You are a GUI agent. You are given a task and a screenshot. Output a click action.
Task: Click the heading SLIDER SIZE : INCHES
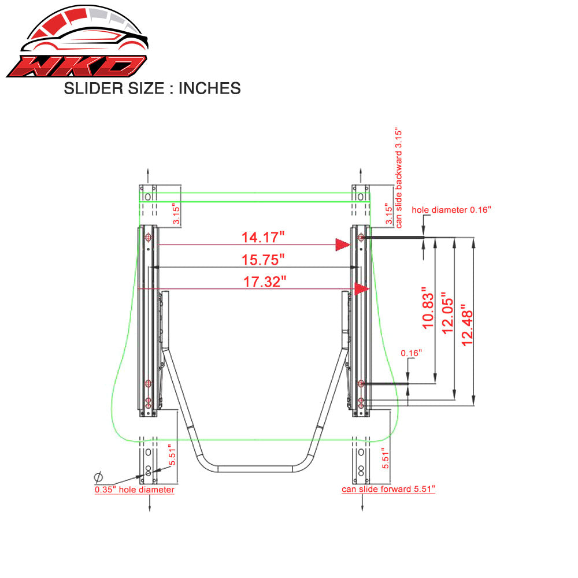151,88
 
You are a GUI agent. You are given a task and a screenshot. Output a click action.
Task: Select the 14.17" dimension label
263,237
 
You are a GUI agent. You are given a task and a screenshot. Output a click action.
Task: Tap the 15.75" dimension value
264,260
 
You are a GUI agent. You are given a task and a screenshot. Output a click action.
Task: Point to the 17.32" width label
264,282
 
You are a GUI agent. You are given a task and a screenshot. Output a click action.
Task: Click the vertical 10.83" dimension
428,308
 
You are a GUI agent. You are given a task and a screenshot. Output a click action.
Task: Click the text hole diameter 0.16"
451,209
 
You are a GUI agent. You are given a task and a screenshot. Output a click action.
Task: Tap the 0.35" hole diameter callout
134,490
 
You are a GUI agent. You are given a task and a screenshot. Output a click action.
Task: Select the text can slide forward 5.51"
388,490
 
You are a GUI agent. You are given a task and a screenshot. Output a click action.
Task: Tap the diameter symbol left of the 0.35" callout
98,477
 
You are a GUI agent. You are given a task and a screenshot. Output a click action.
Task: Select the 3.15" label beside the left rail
176,213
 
